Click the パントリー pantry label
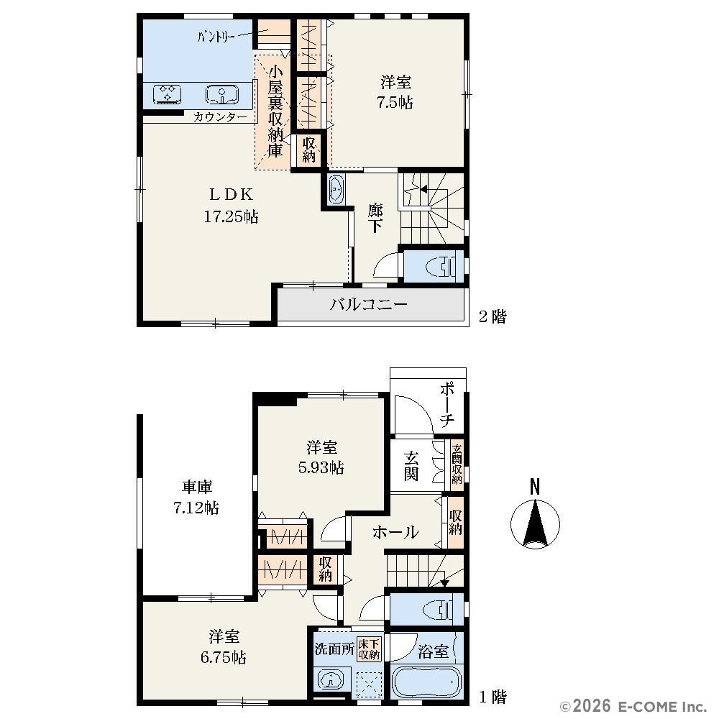pyautogui.click(x=216, y=36)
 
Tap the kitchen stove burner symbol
pyautogui.click(x=166, y=93)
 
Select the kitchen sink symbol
pyautogui.click(x=222, y=94)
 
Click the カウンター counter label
pyautogui.click(x=220, y=117)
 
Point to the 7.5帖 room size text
pyautogui.click(x=395, y=102)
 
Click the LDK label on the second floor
pyautogui.click(x=231, y=194)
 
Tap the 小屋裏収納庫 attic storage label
pyautogui.click(x=275, y=111)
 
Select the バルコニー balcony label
pyautogui.click(x=368, y=304)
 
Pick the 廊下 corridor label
pyautogui.click(x=375, y=219)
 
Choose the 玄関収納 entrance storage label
pyautogui.click(x=457, y=464)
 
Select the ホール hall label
pyautogui.click(x=395, y=532)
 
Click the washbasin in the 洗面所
pyautogui.click(x=329, y=679)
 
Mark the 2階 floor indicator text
pyautogui.click(x=493, y=316)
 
